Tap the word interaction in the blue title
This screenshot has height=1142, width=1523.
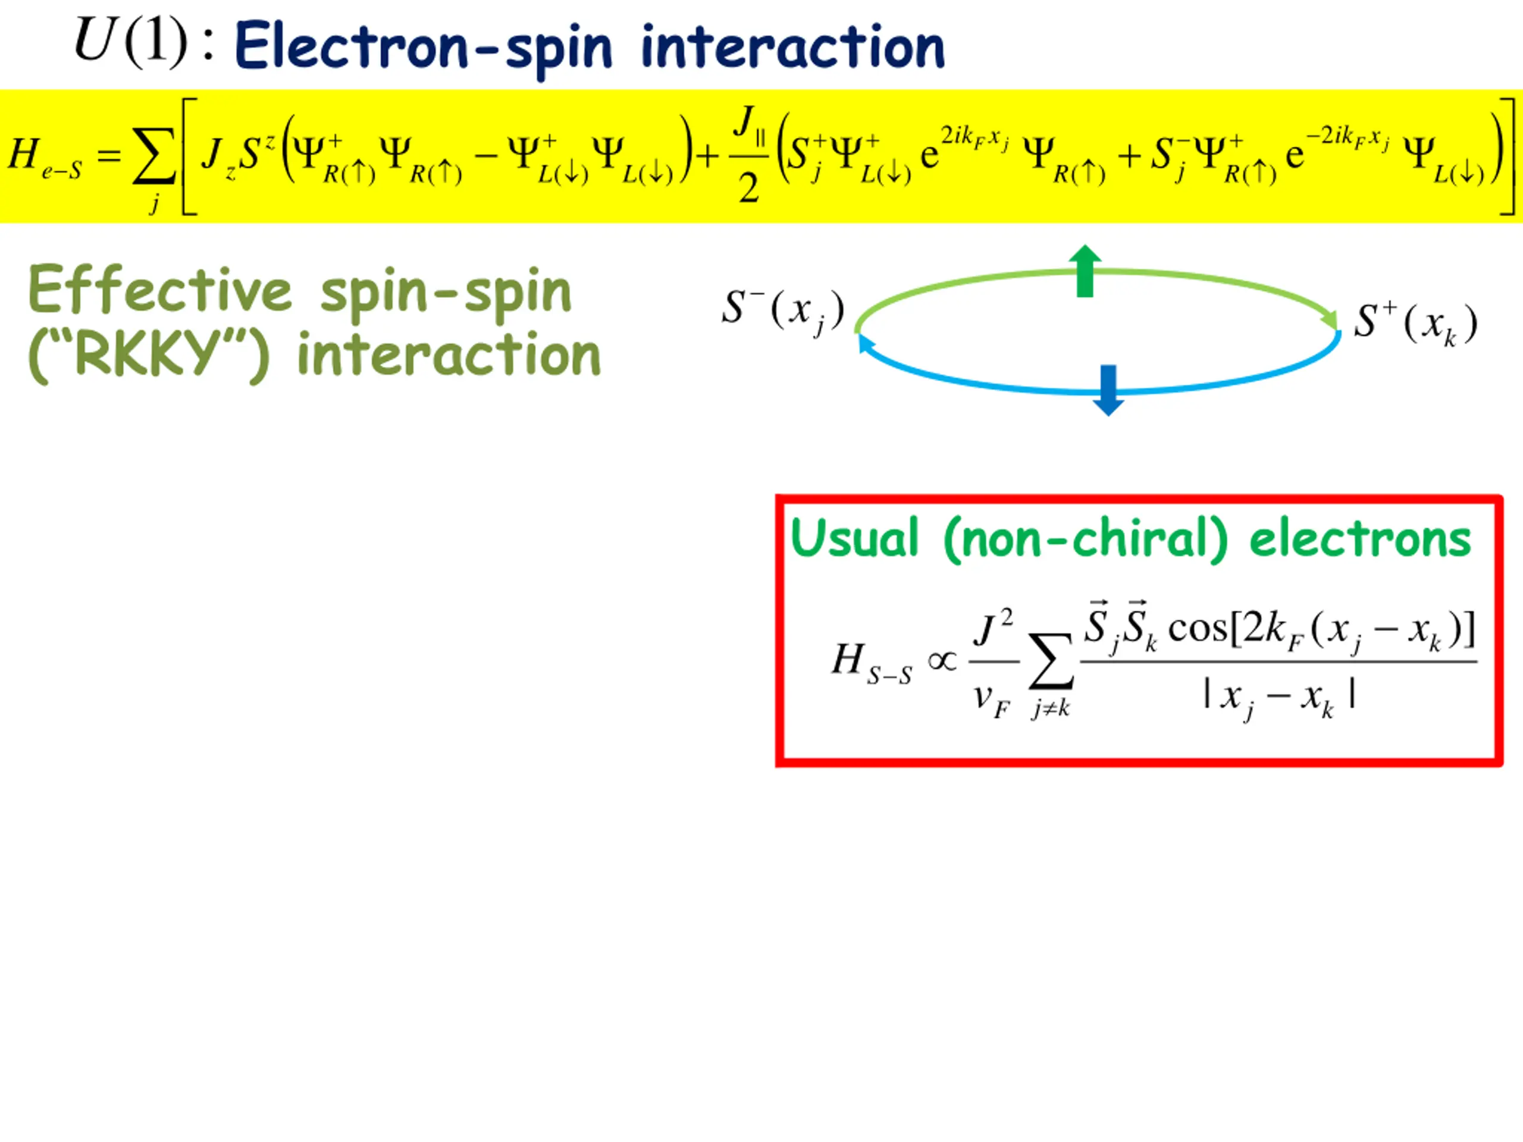pos(792,47)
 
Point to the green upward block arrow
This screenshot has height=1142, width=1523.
pos(1085,271)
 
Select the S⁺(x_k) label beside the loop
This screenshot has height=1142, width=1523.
pos(1415,324)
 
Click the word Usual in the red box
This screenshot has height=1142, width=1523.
pos(854,538)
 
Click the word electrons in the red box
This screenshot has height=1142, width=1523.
pos(1360,539)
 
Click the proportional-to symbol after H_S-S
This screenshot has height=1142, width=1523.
pos(942,661)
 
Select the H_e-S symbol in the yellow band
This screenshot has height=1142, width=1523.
pos(45,157)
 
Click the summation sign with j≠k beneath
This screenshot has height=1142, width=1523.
pos(1051,668)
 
